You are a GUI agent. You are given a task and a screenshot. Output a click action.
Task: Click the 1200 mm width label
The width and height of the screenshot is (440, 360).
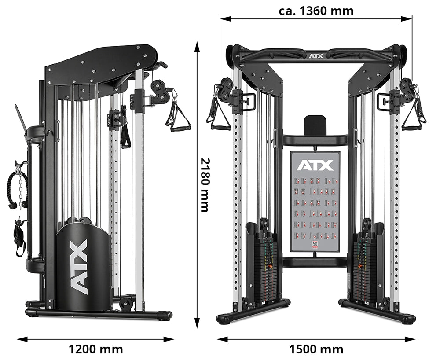95,349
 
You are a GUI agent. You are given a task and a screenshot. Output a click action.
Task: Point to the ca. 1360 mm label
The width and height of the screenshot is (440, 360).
316,11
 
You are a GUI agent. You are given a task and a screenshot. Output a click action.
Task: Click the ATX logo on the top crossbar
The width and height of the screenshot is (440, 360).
315,56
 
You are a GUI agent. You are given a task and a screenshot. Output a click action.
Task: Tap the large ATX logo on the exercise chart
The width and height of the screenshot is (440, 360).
315,165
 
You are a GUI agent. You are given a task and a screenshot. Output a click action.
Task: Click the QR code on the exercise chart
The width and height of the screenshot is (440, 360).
315,245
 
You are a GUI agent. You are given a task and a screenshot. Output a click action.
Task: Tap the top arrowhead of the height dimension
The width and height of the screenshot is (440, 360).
198,44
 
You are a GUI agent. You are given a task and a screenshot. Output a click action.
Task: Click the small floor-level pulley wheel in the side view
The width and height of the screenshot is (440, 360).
126,303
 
